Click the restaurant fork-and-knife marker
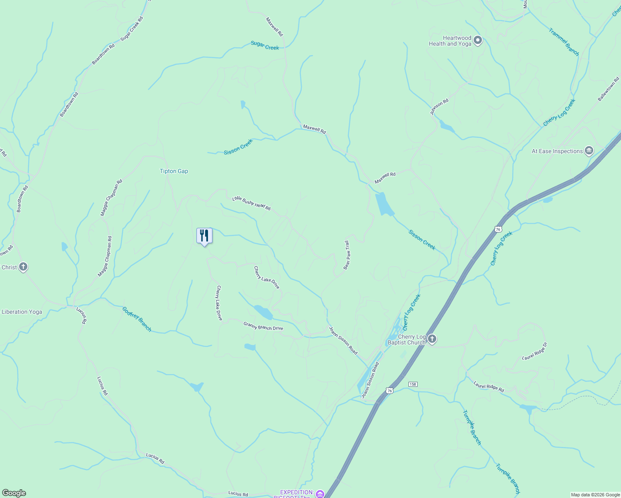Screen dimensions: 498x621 204,236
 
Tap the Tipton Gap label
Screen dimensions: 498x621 174,171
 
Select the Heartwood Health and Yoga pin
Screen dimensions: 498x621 478,40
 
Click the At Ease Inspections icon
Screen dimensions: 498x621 589,151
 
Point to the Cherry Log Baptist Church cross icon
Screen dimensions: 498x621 432,339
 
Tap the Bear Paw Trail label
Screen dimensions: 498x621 347,255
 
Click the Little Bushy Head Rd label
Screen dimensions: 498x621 251,203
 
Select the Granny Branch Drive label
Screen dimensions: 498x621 263,327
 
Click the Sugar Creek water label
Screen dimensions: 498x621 265,46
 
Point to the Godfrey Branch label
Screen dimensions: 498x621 137,319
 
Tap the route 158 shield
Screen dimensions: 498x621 412,384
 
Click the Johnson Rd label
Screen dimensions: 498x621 439,107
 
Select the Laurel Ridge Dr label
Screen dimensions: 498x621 535,351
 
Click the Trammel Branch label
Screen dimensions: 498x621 564,41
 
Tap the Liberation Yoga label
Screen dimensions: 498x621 22,312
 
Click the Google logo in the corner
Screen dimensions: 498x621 14,493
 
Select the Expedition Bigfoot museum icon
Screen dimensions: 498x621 320,494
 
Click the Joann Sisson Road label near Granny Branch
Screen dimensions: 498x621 343,340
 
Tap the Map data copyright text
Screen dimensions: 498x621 595,495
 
